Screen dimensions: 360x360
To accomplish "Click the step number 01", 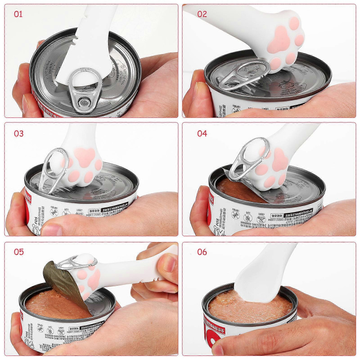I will click(x=18, y=14).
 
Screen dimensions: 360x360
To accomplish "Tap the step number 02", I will click(x=202, y=14).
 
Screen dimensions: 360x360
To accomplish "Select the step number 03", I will click(x=18, y=134).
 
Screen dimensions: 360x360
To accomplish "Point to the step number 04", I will click(x=202, y=134).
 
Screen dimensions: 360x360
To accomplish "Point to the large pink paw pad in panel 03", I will click(x=85, y=157).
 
